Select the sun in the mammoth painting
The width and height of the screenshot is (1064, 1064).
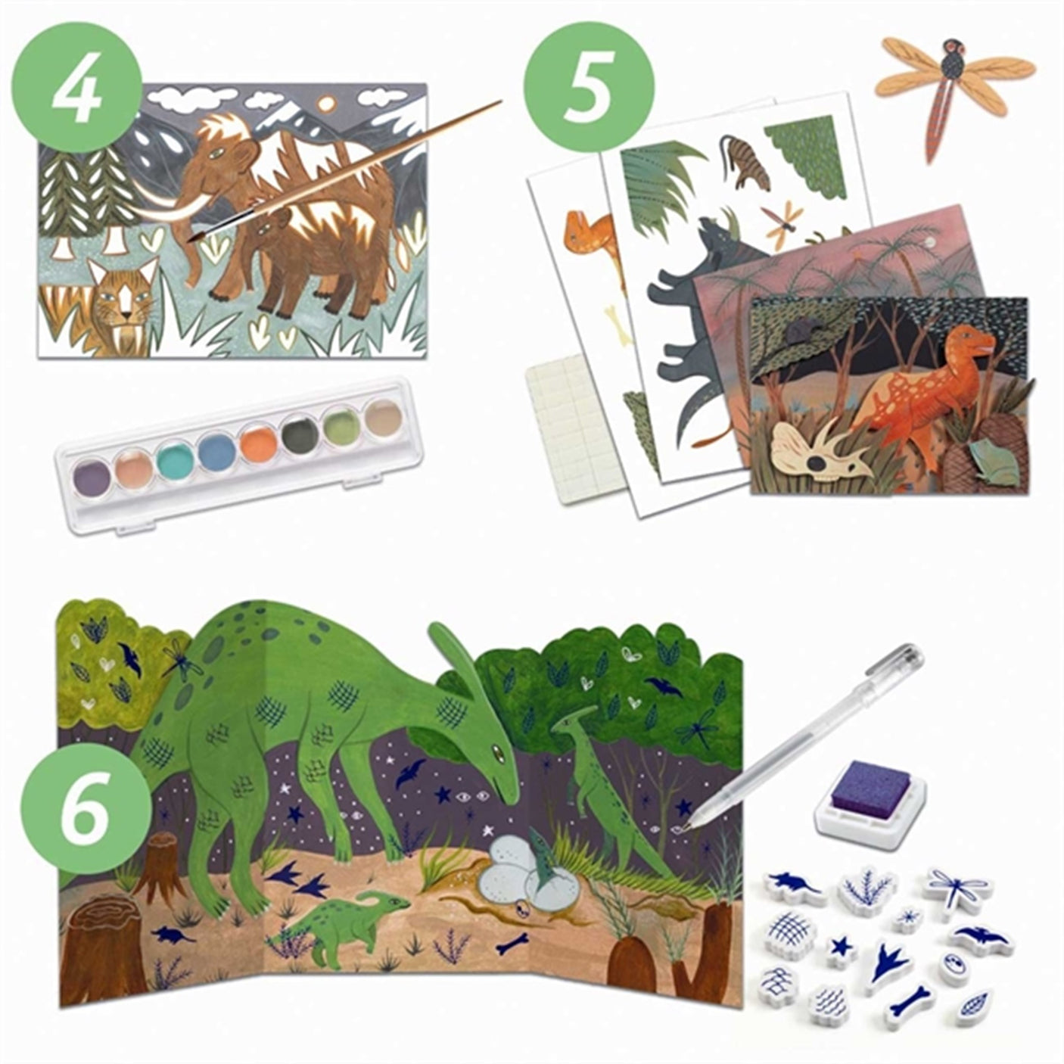tap(327, 102)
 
